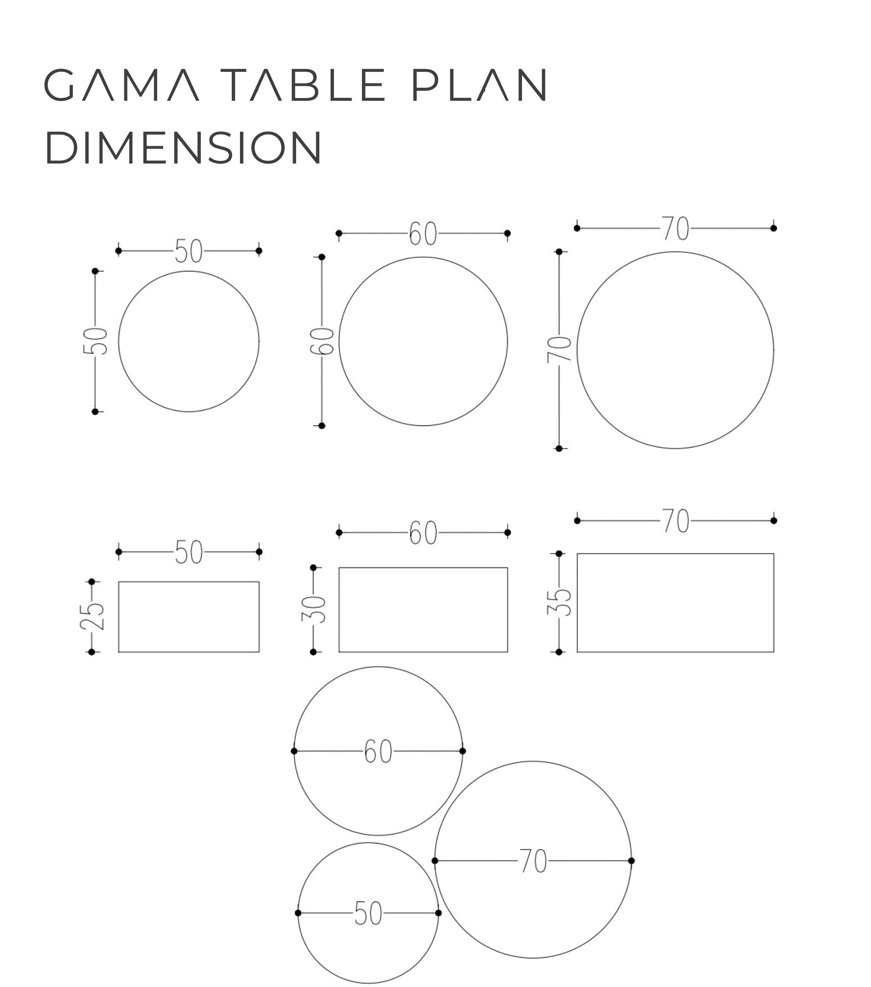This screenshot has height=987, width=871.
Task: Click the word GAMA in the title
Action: pos(121,85)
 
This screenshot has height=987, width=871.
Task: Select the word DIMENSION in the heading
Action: pos(183,147)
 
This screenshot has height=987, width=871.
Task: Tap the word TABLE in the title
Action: pos(303,85)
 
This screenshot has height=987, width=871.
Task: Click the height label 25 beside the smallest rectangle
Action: pos(92,617)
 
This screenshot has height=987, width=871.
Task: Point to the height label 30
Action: pos(314,609)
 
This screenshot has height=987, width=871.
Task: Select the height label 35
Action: pos(559,602)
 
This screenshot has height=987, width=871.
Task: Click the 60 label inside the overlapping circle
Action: pos(378,751)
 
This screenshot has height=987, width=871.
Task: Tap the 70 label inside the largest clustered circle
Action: pos(533,861)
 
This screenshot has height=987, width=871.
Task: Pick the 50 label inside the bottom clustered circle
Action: pos(368,913)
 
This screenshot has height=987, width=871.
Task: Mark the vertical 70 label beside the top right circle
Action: pos(559,350)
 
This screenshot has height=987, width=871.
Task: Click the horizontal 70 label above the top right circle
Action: pos(675,228)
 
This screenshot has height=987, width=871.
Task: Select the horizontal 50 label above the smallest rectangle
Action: pos(189,552)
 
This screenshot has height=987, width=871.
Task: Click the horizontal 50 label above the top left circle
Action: pos(189,251)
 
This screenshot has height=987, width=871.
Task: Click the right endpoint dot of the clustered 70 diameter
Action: pos(631,860)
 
